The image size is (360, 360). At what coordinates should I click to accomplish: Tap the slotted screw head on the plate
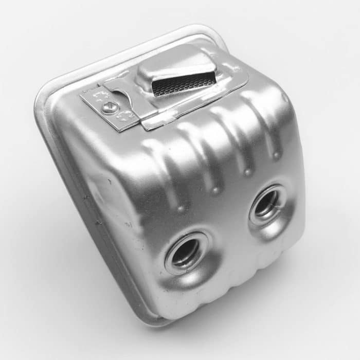(x=109, y=107)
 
